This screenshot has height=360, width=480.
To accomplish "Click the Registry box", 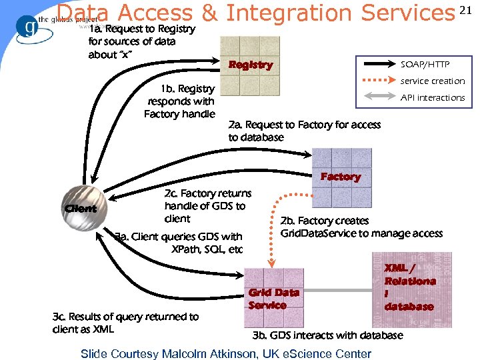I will (251, 65).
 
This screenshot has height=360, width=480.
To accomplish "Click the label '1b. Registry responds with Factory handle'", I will (181, 101).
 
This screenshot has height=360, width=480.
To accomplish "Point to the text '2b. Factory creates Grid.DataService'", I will (361, 227).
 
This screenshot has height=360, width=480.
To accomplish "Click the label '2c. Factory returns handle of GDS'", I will (207, 205).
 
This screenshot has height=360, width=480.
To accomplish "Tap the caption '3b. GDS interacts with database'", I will (327, 335).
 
